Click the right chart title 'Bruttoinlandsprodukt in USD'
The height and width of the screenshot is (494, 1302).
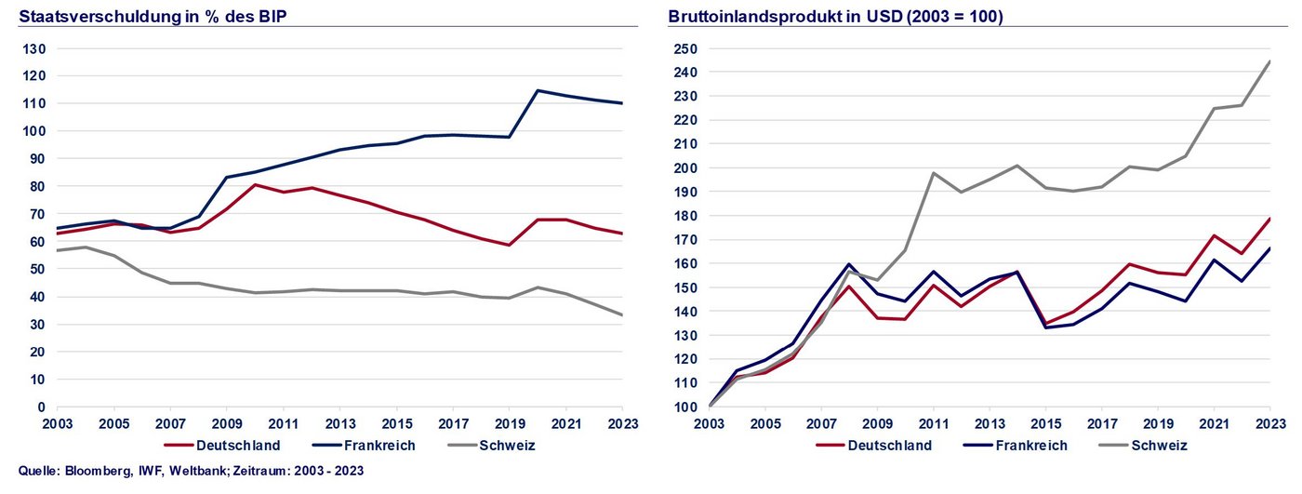click(835, 16)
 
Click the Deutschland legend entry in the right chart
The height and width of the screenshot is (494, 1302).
click(889, 445)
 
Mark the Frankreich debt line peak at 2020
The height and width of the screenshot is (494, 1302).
click(538, 90)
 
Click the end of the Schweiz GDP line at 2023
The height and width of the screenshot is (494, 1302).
click(1269, 61)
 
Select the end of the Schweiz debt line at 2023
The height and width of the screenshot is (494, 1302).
click(622, 314)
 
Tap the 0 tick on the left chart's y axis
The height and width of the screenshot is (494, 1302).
click(41, 407)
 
